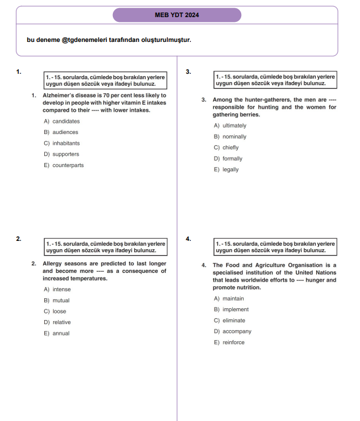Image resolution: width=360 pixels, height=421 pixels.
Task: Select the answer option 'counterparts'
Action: click(x=67, y=165)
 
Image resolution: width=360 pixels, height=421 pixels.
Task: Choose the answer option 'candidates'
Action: click(x=66, y=121)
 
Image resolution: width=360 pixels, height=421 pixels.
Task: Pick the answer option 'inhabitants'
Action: click(x=66, y=143)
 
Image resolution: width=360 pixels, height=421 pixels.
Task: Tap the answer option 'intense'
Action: click(x=61, y=289)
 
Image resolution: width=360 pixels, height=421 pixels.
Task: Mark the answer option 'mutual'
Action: click(x=61, y=301)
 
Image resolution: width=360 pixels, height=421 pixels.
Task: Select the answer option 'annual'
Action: click(x=61, y=334)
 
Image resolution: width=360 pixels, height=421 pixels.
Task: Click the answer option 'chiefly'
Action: click(x=231, y=148)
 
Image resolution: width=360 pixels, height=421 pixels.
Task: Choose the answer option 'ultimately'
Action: click(x=234, y=126)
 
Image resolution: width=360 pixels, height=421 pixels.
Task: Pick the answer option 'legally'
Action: click(x=231, y=169)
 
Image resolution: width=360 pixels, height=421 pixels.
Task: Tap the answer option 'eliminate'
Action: click(x=233, y=321)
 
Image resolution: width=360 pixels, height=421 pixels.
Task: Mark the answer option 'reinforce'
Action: click(x=233, y=342)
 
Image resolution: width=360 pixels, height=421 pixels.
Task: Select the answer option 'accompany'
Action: click(x=236, y=331)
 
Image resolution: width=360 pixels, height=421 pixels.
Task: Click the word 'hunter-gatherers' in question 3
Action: click(x=266, y=100)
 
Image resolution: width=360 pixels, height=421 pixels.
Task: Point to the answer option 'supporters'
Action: click(x=66, y=154)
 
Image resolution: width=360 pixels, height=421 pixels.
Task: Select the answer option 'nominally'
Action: click(x=233, y=136)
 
